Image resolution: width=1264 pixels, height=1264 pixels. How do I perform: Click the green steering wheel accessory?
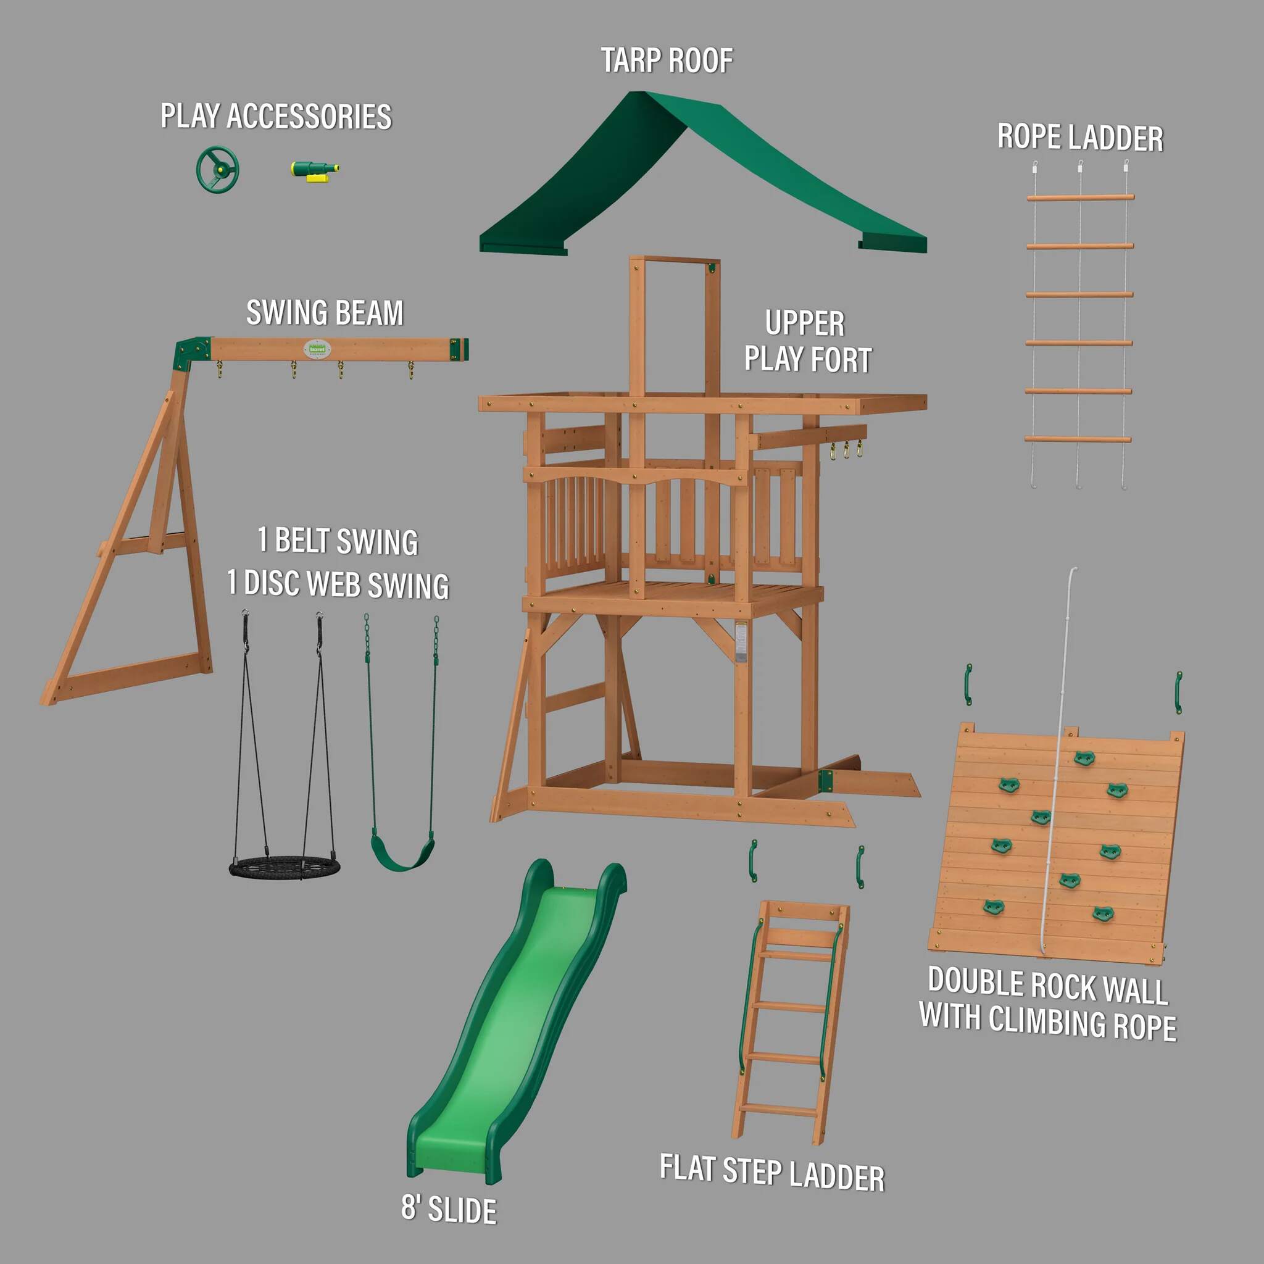217,170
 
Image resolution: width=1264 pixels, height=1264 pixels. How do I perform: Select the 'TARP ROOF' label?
667,61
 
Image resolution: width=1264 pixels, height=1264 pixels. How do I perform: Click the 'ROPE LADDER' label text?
1080,138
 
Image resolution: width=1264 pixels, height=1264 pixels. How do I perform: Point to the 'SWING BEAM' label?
325,313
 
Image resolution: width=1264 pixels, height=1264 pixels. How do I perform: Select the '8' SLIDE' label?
449,1209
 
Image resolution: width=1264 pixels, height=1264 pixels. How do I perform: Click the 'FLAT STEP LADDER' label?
772,1173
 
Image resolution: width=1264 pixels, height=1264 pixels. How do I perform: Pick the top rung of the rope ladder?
1080,197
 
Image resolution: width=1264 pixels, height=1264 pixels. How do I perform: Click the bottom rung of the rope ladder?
1078,438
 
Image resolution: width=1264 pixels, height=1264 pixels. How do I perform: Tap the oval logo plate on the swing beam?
317,349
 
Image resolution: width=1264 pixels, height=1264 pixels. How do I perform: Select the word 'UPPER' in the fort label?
805,323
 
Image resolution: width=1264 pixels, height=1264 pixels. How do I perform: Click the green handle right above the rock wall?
1178,691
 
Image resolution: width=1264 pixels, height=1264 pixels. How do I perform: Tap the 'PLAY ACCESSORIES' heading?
276,117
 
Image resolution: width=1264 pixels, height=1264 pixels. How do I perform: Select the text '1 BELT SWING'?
338,541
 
